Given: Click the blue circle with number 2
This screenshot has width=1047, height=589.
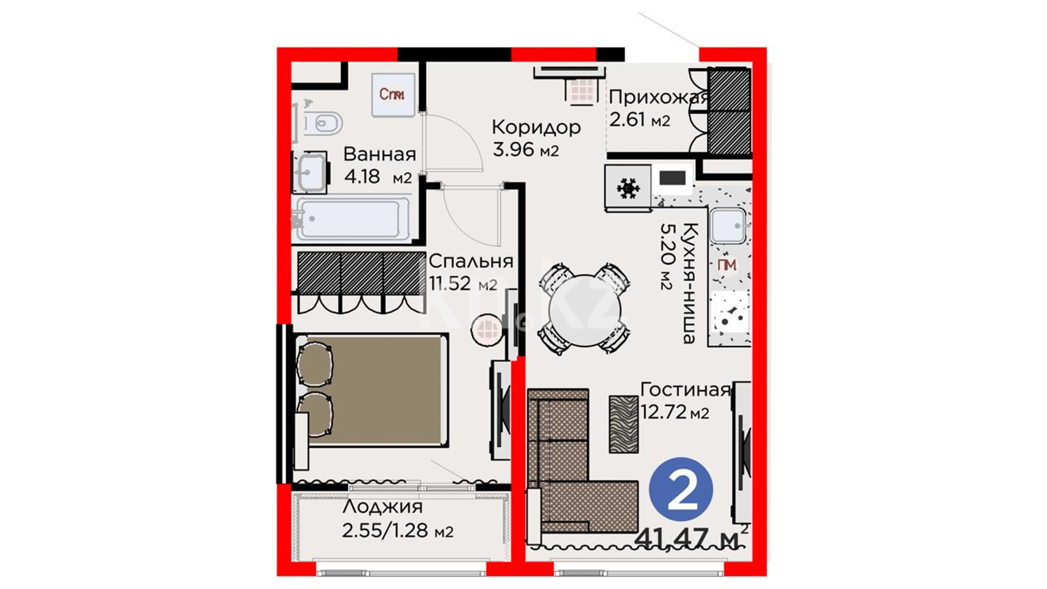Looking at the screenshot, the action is [x=681, y=489].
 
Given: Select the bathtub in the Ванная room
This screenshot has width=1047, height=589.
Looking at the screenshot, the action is [x=352, y=219].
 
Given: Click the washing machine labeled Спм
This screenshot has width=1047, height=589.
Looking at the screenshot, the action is [x=393, y=94].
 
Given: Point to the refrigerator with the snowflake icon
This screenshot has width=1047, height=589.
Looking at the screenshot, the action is [x=628, y=188].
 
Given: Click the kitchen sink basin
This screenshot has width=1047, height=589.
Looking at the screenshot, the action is [x=728, y=225].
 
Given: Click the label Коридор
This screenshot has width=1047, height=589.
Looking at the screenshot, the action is [x=536, y=127].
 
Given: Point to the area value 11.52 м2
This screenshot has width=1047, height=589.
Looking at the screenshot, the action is [x=463, y=284].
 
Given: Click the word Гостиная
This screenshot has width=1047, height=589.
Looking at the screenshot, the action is [x=685, y=389].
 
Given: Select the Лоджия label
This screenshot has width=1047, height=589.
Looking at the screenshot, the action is [x=383, y=507].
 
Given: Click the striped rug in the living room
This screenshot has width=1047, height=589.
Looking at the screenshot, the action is [x=623, y=424].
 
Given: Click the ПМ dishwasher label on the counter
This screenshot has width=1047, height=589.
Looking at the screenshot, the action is [x=727, y=265].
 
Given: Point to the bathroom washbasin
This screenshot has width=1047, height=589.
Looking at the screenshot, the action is [x=310, y=172].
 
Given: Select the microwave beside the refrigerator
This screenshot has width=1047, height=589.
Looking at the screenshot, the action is [x=672, y=178].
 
